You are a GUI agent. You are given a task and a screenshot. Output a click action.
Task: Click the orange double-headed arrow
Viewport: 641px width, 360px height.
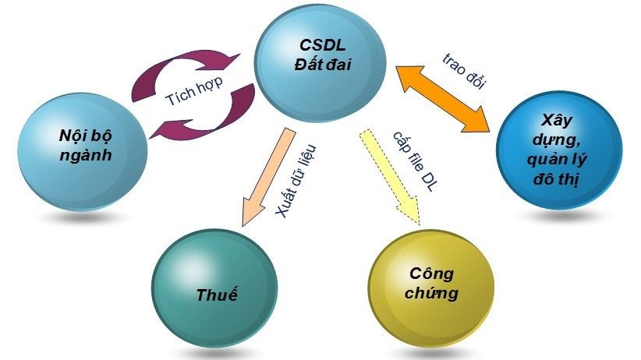pyautogui.click(x=443, y=97)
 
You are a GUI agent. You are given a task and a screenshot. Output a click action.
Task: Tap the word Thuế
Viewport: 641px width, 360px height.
pyautogui.click(x=217, y=295)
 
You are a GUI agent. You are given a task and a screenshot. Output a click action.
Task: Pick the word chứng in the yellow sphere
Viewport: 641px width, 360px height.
pyautogui.click(x=432, y=294)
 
